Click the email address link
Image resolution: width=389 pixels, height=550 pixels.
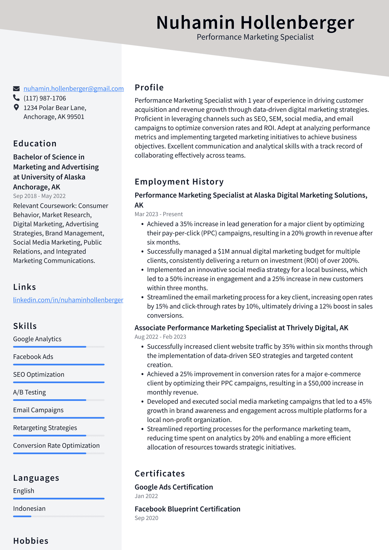pyautogui.click(x=73, y=89)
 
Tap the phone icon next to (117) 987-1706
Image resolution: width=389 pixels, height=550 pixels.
pyautogui.click(x=16, y=98)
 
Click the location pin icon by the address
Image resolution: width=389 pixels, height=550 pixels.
pyautogui.click(x=16, y=107)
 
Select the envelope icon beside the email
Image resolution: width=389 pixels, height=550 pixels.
pyautogui.click(x=16, y=89)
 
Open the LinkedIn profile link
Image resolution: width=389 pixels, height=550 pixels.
pyautogui.click(x=68, y=300)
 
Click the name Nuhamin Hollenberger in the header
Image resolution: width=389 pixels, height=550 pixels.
pyautogui.click(x=255, y=22)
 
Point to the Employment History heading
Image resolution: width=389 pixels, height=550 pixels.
pyautogui.click(x=179, y=181)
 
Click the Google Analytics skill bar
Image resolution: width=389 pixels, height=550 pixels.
pyautogui.click(x=59, y=347)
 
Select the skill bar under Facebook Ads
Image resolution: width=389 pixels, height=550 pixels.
pyautogui.click(x=59, y=364)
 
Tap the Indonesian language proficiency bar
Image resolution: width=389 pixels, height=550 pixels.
pyautogui.click(x=59, y=516)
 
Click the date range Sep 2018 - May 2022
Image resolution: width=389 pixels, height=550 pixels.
pyautogui.click(x=39, y=196)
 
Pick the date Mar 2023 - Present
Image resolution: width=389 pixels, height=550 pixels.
pyautogui.click(x=159, y=214)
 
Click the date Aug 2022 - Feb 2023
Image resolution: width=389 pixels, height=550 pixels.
pyautogui.click(x=160, y=337)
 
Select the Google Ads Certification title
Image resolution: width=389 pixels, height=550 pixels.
pyautogui.click(x=174, y=487)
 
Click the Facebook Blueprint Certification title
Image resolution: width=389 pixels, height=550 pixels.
pyautogui.click(x=187, y=509)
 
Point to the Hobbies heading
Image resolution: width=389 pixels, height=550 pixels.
pyautogui.click(x=31, y=541)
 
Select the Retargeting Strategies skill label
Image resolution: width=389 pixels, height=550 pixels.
pyautogui.click(x=45, y=428)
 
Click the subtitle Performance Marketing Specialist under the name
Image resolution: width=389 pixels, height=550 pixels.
pyautogui.click(x=255, y=37)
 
